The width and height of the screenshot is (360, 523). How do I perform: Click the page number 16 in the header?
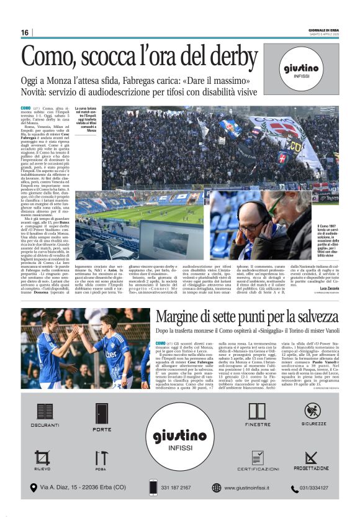25,32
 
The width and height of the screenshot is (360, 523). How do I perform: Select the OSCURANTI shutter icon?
45,412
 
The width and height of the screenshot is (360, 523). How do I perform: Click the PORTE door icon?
102,414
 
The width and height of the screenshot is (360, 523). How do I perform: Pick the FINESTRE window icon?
257,411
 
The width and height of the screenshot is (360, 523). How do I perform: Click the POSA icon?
101,458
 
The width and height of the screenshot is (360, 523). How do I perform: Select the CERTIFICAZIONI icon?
257,458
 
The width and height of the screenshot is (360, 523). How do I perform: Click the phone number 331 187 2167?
178,488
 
